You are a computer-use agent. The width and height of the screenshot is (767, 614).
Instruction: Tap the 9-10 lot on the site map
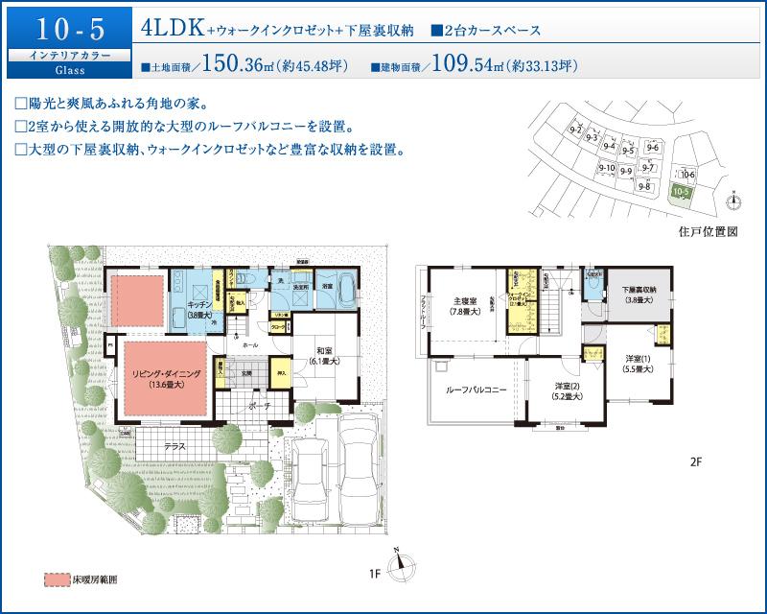pyautogui.click(x=606, y=170)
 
